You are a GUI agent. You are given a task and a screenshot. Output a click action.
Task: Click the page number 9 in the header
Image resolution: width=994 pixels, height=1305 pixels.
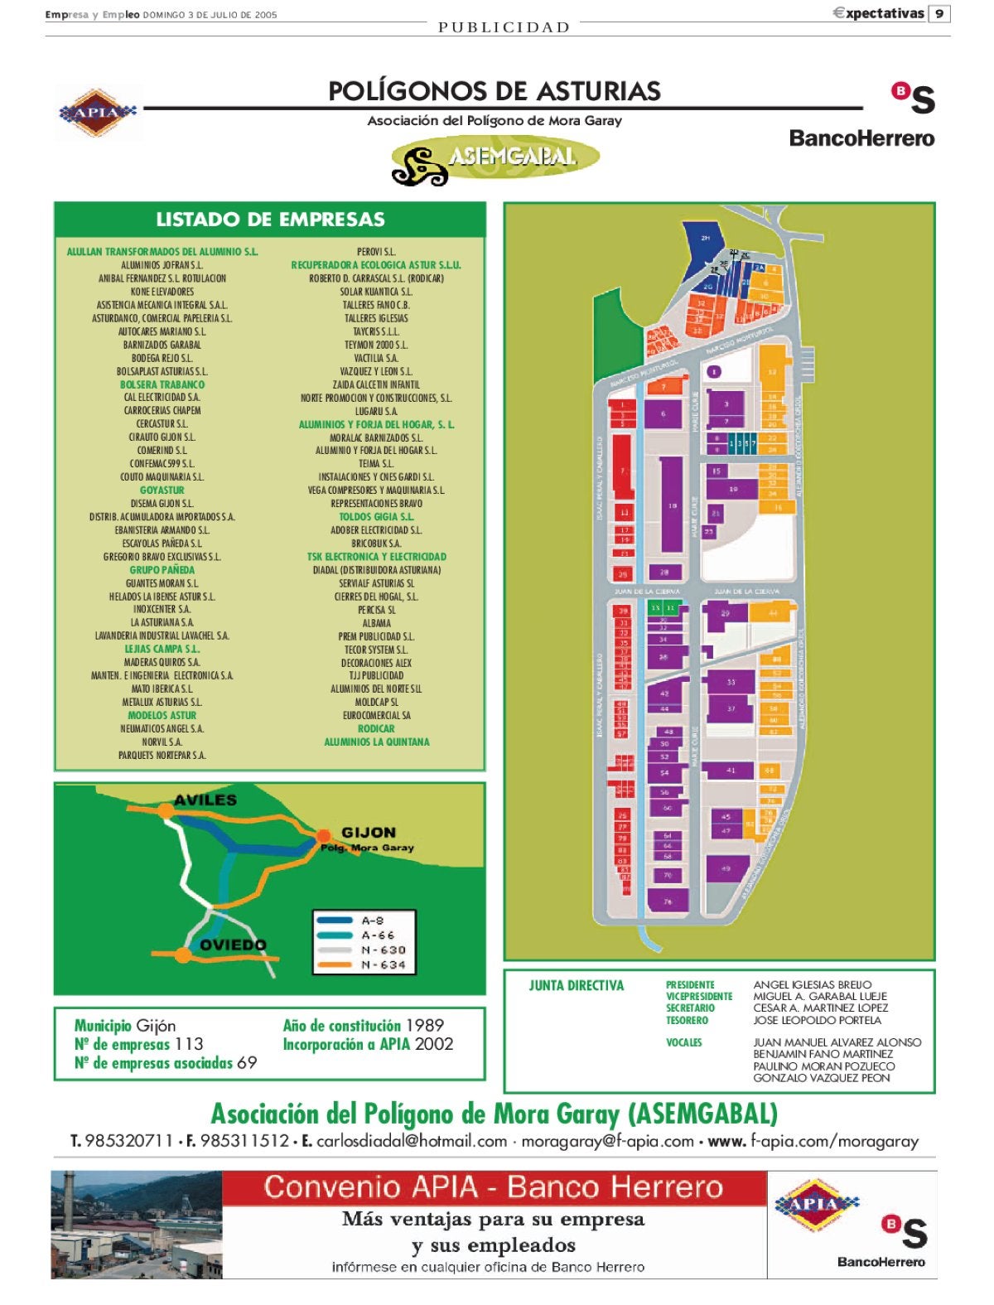click(939, 14)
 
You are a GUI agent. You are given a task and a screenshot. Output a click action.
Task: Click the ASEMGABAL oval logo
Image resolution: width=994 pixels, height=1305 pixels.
click(495, 159)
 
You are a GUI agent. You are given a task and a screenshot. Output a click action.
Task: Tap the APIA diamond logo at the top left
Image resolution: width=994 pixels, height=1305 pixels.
click(97, 112)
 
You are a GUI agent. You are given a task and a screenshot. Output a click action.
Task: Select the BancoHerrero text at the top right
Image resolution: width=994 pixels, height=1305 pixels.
click(861, 138)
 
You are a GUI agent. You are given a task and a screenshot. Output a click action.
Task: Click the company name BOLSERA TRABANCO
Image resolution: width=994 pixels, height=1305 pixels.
click(162, 384)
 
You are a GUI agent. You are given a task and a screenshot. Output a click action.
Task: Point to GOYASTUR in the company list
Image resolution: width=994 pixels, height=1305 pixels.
click(162, 491)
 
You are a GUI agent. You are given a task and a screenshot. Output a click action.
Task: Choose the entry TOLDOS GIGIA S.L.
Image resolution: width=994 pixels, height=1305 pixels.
click(376, 517)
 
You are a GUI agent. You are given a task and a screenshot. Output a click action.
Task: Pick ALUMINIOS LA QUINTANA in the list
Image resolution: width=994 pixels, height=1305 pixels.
click(376, 742)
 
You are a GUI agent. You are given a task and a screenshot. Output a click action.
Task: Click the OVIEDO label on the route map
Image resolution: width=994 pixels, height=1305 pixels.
click(233, 945)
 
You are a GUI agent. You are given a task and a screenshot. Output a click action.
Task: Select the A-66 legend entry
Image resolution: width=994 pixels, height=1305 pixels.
click(378, 935)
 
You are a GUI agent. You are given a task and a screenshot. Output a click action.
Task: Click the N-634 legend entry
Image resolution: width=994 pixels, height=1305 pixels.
click(384, 965)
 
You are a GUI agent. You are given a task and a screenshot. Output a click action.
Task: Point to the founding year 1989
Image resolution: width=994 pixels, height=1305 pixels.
click(424, 1026)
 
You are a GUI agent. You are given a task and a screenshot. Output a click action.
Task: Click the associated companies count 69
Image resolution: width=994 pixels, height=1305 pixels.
click(247, 1063)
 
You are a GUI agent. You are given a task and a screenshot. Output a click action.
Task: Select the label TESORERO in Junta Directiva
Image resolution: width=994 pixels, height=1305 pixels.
click(687, 1021)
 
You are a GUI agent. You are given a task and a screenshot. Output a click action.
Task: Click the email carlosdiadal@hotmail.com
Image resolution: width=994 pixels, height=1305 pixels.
click(411, 1142)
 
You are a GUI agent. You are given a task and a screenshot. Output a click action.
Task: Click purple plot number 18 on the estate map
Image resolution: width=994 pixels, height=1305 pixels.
click(672, 505)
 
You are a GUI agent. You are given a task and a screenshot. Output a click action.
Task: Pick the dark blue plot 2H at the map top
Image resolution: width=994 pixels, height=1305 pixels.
click(705, 239)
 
